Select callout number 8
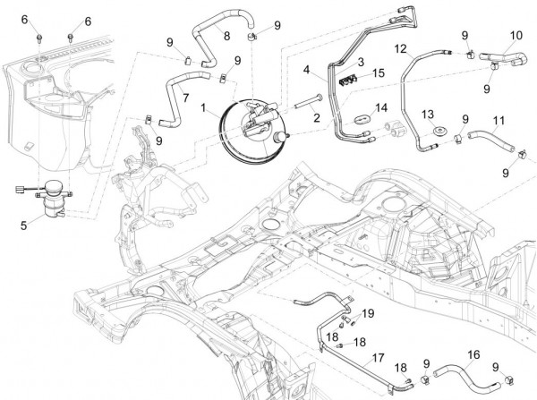pos(227,36)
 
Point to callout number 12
pos(401,47)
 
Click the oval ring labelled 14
pos(363,118)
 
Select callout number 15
pos(379,72)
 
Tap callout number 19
pos(368,312)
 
